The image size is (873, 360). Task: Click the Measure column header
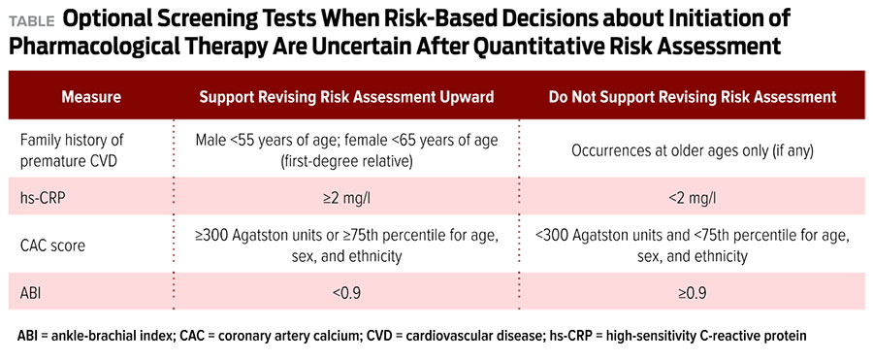click(x=91, y=97)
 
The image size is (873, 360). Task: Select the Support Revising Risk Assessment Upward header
click(x=347, y=97)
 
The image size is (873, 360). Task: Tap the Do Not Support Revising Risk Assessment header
click(x=693, y=97)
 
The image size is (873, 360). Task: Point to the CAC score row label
click(x=53, y=245)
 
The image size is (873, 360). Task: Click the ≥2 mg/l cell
click(x=347, y=196)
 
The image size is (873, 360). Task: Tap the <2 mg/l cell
click(x=693, y=196)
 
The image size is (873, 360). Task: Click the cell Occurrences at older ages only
click(x=693, y=151)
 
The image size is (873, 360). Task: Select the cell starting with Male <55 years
click(x=347, y=149)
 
